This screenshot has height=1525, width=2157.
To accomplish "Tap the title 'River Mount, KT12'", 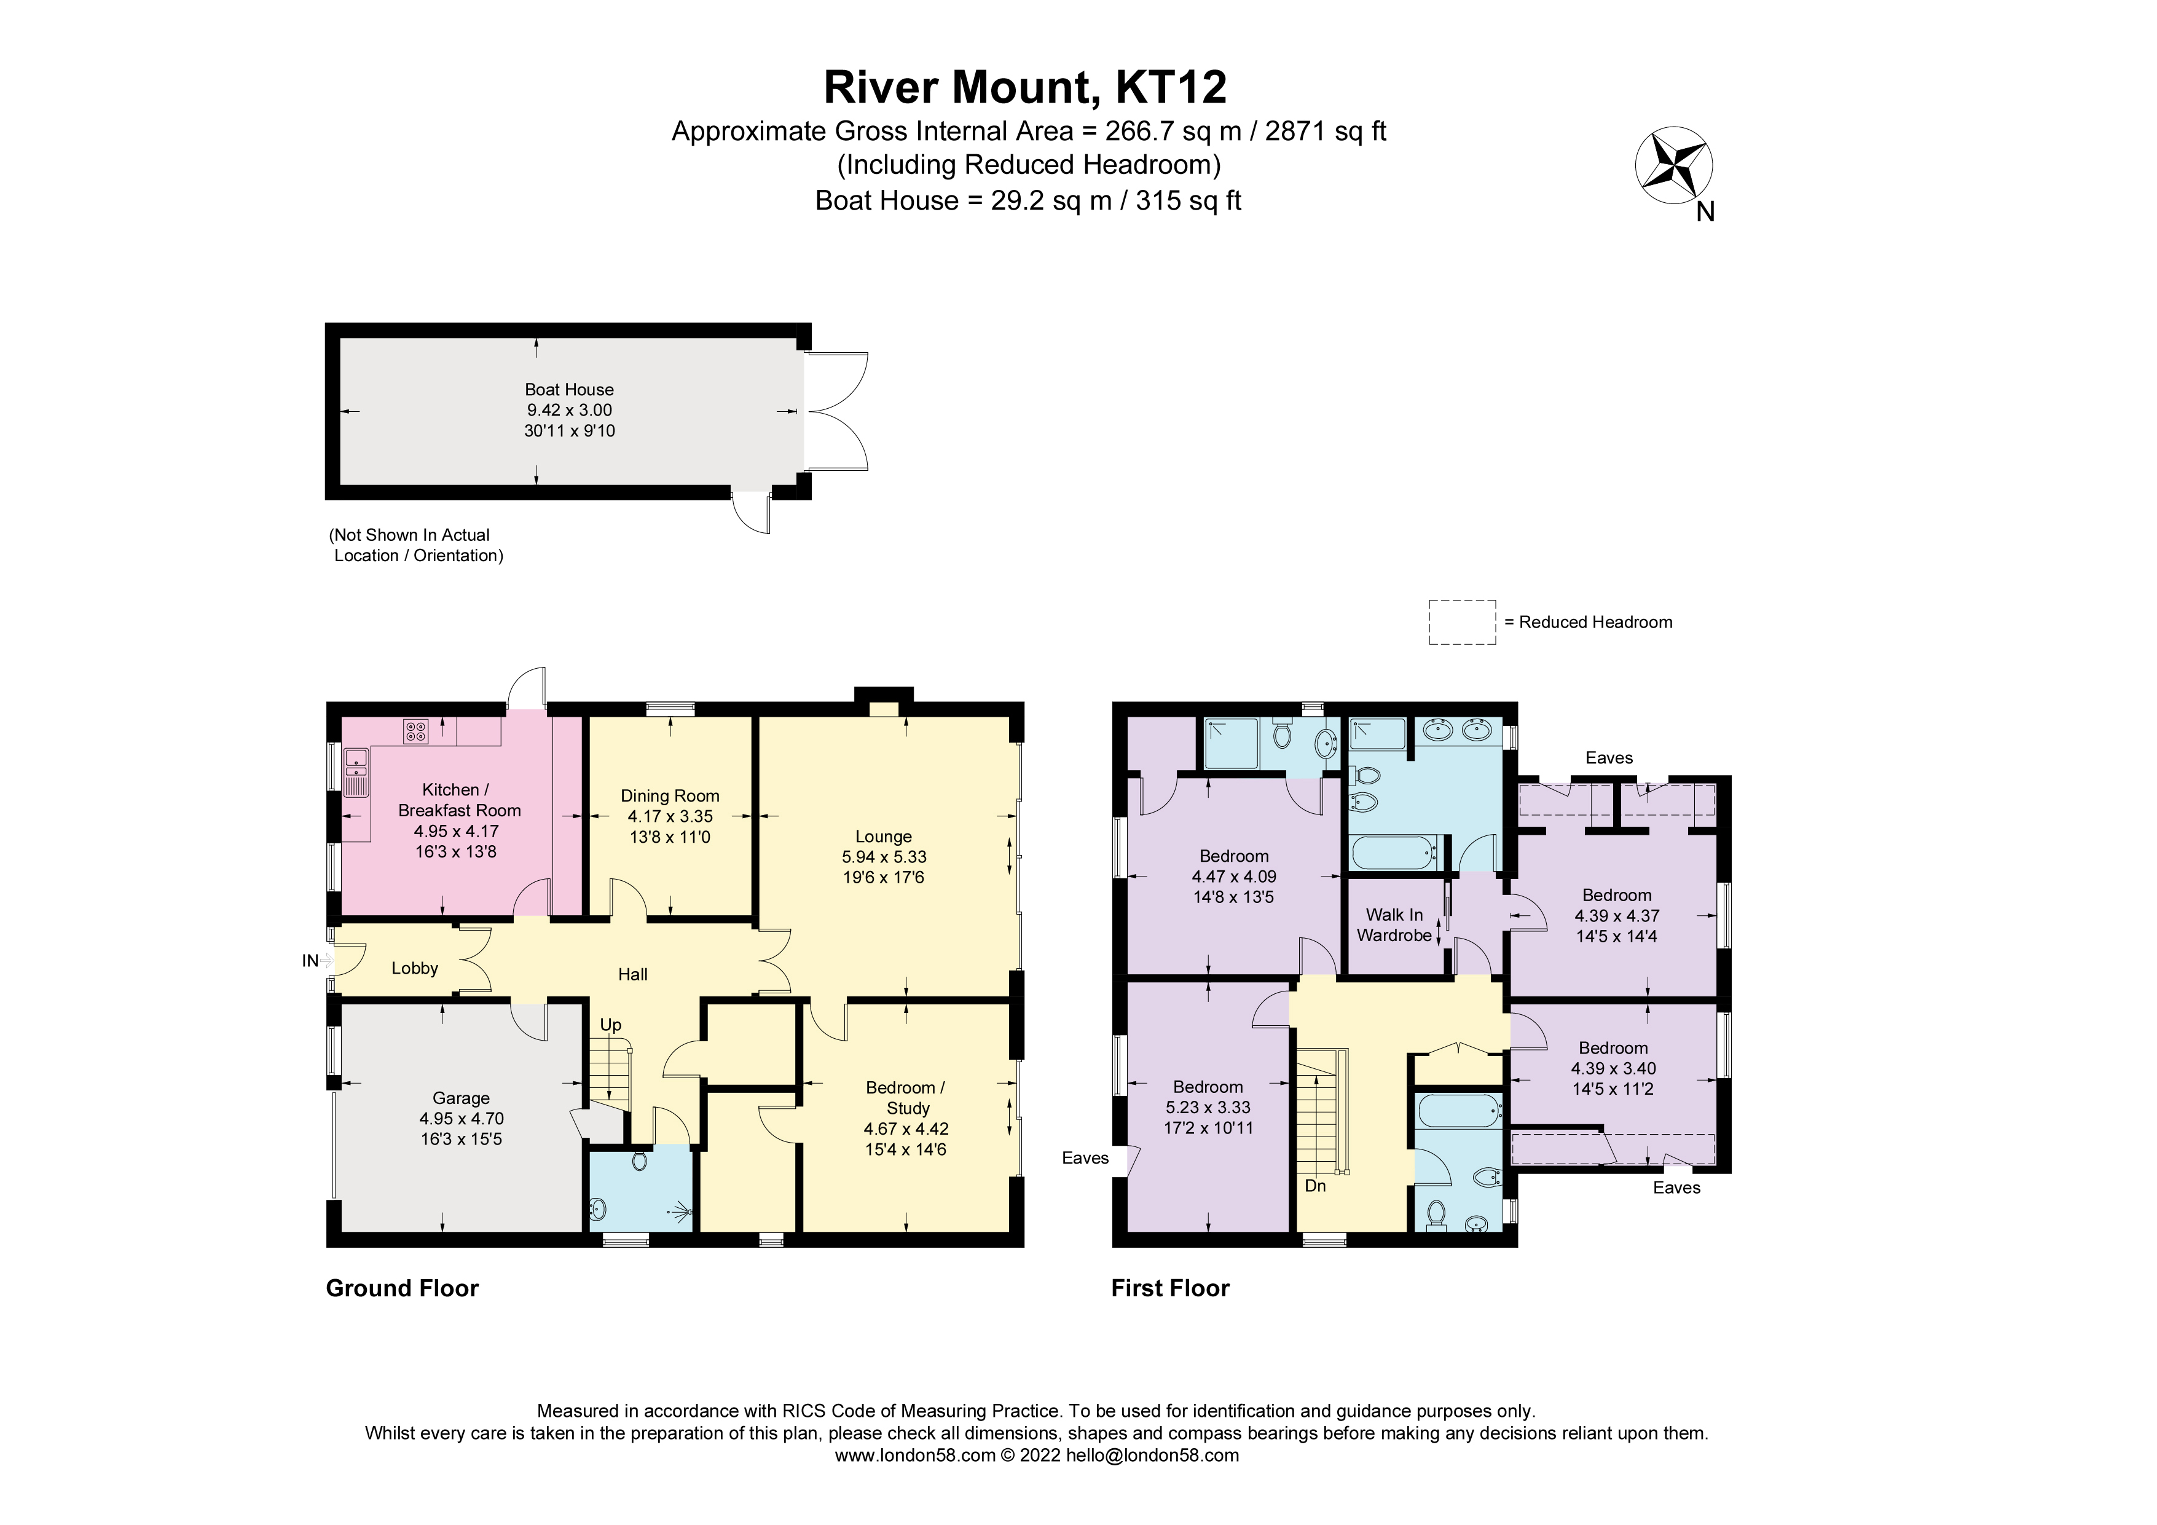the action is (1025, 87).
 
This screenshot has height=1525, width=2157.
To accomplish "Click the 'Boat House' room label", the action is (569, 390).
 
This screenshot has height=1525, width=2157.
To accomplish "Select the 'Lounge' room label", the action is (883, 836).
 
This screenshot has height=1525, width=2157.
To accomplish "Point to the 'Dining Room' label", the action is (670, 796).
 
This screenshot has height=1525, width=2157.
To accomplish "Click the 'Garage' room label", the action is (462, 1097).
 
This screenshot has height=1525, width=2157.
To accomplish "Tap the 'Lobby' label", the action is (414, 968).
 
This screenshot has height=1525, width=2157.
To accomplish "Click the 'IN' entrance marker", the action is (310, 960).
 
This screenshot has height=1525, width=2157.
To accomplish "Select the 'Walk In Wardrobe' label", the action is (1394, 924).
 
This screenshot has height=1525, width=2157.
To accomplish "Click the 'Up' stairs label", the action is (611, 1025).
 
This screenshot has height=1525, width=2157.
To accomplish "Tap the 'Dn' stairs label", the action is (1315, 1186).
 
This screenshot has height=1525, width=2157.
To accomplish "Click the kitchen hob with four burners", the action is (415, 730).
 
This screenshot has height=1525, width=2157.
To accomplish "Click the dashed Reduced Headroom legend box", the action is (1462, 622).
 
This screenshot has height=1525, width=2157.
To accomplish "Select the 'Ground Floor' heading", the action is (402, 1288).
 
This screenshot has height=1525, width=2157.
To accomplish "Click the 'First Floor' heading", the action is (1169, 1288).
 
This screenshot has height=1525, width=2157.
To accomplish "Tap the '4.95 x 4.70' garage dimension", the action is (462, 1118).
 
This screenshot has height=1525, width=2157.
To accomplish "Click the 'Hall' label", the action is (632, 974).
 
